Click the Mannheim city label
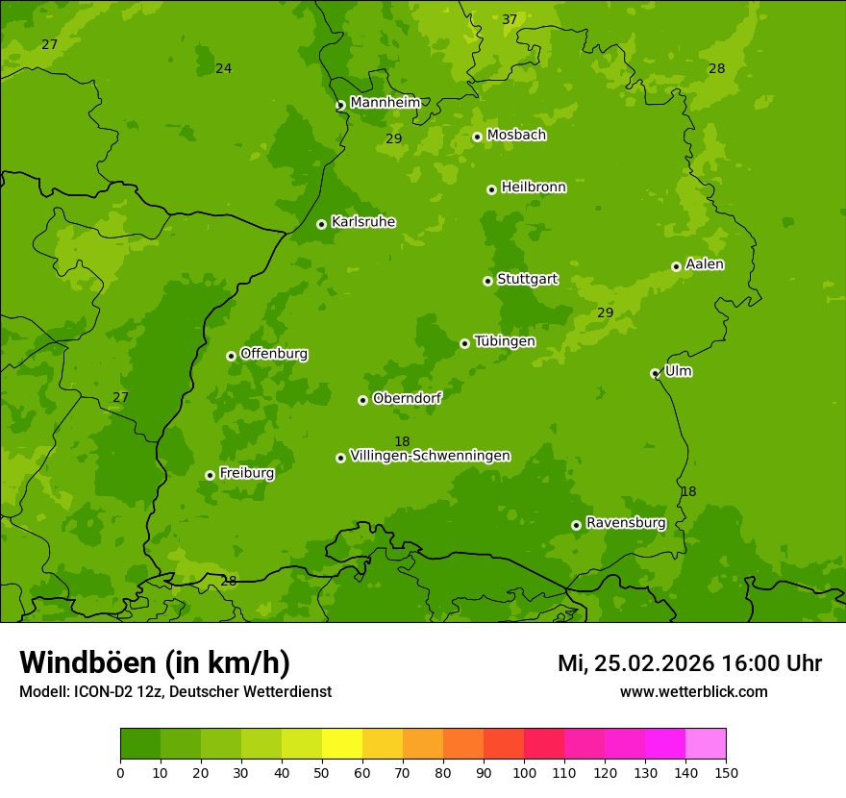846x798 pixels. (x=385, y=103)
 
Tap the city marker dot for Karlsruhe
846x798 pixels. (x=321, y=224)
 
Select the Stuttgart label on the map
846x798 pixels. (x=527, y=280)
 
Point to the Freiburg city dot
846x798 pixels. (x=210, y=475)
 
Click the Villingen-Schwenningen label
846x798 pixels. (x=430, y=456)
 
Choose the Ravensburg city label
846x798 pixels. (x=626, y=523)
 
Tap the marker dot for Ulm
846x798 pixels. (x=655, y=373)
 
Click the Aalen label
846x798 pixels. (x=705, y=264)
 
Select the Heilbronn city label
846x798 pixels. (x=534, y=187)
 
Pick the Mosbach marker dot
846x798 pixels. (x=477, y=137)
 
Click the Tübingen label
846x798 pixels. (x=505, y=341)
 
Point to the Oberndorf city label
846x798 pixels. (x=407, y=398)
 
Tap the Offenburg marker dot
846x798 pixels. (x=231, y=356)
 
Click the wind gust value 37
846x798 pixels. (x=510, y=20)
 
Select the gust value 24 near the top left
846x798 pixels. (x=224, y=69)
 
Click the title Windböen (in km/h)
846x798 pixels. (x=155, y=662)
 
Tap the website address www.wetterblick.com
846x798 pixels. (x=693, y=691)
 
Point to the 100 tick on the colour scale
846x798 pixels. (x=524, y=772)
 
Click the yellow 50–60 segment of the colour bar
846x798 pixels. (x=342, y=744)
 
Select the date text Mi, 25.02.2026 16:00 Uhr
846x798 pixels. (x=689, y=663)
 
